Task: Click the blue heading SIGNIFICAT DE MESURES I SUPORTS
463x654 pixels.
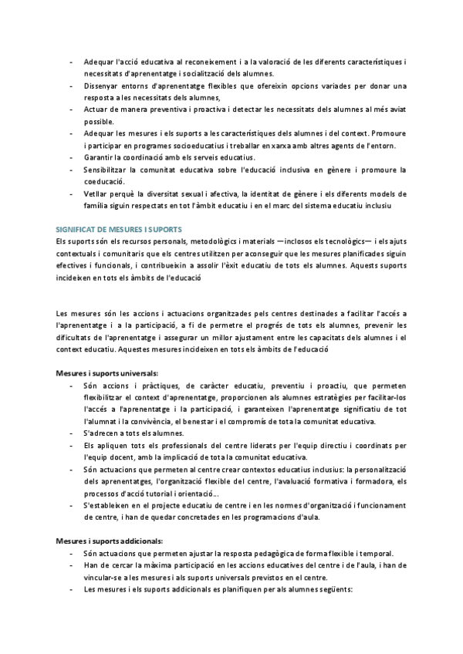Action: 119,229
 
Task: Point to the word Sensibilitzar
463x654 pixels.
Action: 107,169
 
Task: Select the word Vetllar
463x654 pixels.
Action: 96,194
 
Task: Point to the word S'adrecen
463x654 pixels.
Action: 101,433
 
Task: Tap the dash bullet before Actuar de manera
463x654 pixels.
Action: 72,110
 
